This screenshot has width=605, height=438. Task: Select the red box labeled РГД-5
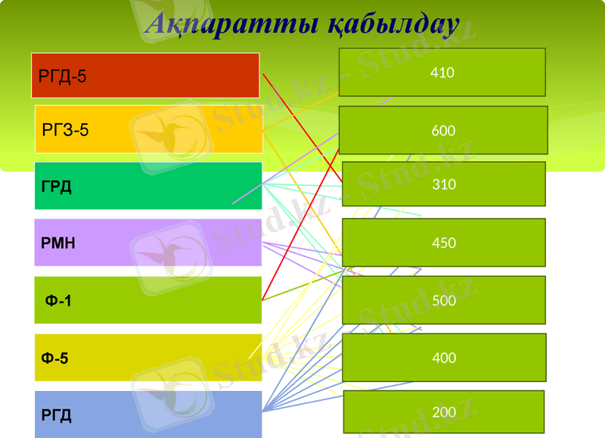click(145, 76)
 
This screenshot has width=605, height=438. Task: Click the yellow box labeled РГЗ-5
click(148, 129)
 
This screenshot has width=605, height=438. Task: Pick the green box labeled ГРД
click(148, 186)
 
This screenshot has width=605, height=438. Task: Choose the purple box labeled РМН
click(147, 243)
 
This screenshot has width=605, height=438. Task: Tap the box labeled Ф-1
click(147, 300)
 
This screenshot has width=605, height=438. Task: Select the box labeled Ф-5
click(147, 358)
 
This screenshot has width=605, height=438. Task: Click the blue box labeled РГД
click(147, 415)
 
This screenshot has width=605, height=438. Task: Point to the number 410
click(442, 73)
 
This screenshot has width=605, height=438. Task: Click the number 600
click(443, 131)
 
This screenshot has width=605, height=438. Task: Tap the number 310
click(444, 184)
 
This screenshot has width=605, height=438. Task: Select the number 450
click(444, 243)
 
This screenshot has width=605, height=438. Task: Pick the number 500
click(444, 300)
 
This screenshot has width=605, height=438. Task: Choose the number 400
click(444, 358)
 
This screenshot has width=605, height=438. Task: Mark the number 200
click(444, 412)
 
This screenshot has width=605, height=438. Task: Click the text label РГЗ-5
click(66, 130)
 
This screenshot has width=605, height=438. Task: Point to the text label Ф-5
click(55, 359)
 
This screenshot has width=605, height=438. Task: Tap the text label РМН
click(58, 244)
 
